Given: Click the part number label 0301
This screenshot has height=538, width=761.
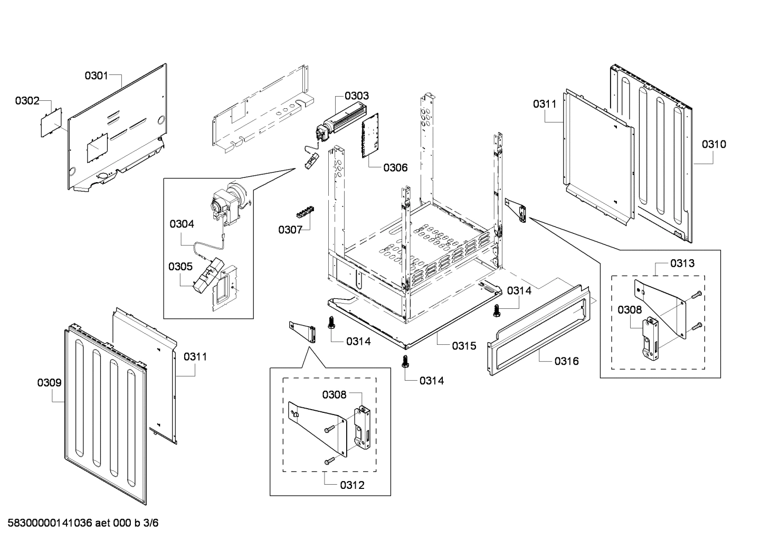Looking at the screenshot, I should (x=96, y=75).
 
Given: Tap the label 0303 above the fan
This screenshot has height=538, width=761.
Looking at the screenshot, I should (x=357, y=96).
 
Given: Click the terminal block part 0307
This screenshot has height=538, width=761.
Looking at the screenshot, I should (x=304, y=213).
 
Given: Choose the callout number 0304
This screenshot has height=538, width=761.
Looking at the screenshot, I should (x=182, y=224).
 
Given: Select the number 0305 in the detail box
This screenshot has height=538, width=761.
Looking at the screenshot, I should (x=180, y=267).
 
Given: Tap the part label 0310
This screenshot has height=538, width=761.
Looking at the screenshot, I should (x=714, y=144).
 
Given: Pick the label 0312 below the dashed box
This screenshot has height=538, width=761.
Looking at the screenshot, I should (x=352, y=485).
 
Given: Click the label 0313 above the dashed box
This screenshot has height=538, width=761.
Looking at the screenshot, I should (x=682, y=263).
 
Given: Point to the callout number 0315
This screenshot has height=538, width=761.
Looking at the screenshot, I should (x=464, y=346).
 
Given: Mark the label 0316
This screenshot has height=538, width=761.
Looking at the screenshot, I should (x=566, y=361).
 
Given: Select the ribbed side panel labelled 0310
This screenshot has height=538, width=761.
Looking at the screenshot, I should (x=654, y=153).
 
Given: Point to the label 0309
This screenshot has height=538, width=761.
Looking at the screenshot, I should (x=49, y=383).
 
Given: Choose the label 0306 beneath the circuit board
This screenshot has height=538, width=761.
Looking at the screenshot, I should (x=395, y=167).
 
